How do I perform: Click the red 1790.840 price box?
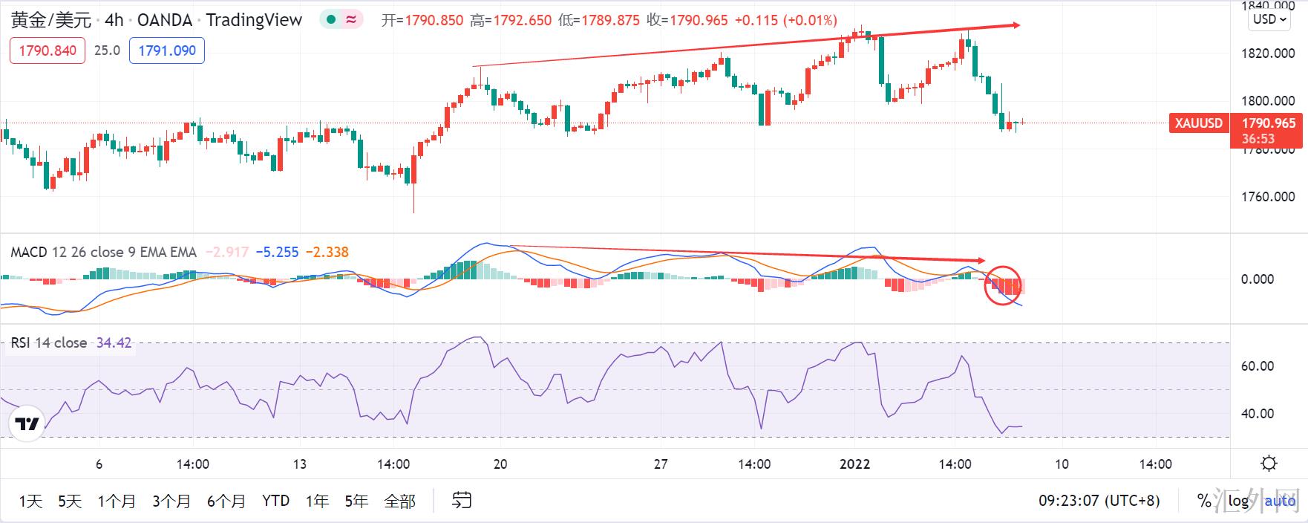48,51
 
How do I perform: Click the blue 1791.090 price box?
167,51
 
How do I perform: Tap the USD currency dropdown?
1269,19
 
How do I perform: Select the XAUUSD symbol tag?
1198,123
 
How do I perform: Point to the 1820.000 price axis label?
1268,53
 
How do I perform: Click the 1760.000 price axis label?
1268,197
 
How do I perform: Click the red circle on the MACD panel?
1003,285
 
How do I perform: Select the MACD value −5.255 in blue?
278,253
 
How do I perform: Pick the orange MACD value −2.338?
327,253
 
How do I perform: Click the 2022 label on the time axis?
854,464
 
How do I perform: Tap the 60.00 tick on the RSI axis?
1258,366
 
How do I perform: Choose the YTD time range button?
275,501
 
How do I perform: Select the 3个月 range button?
171,501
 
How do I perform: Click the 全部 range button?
399,501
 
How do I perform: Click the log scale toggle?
1238,501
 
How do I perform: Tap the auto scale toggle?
1280,501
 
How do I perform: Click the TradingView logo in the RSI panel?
27,424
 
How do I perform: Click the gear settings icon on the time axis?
1269,464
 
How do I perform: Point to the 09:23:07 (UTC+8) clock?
1099,501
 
